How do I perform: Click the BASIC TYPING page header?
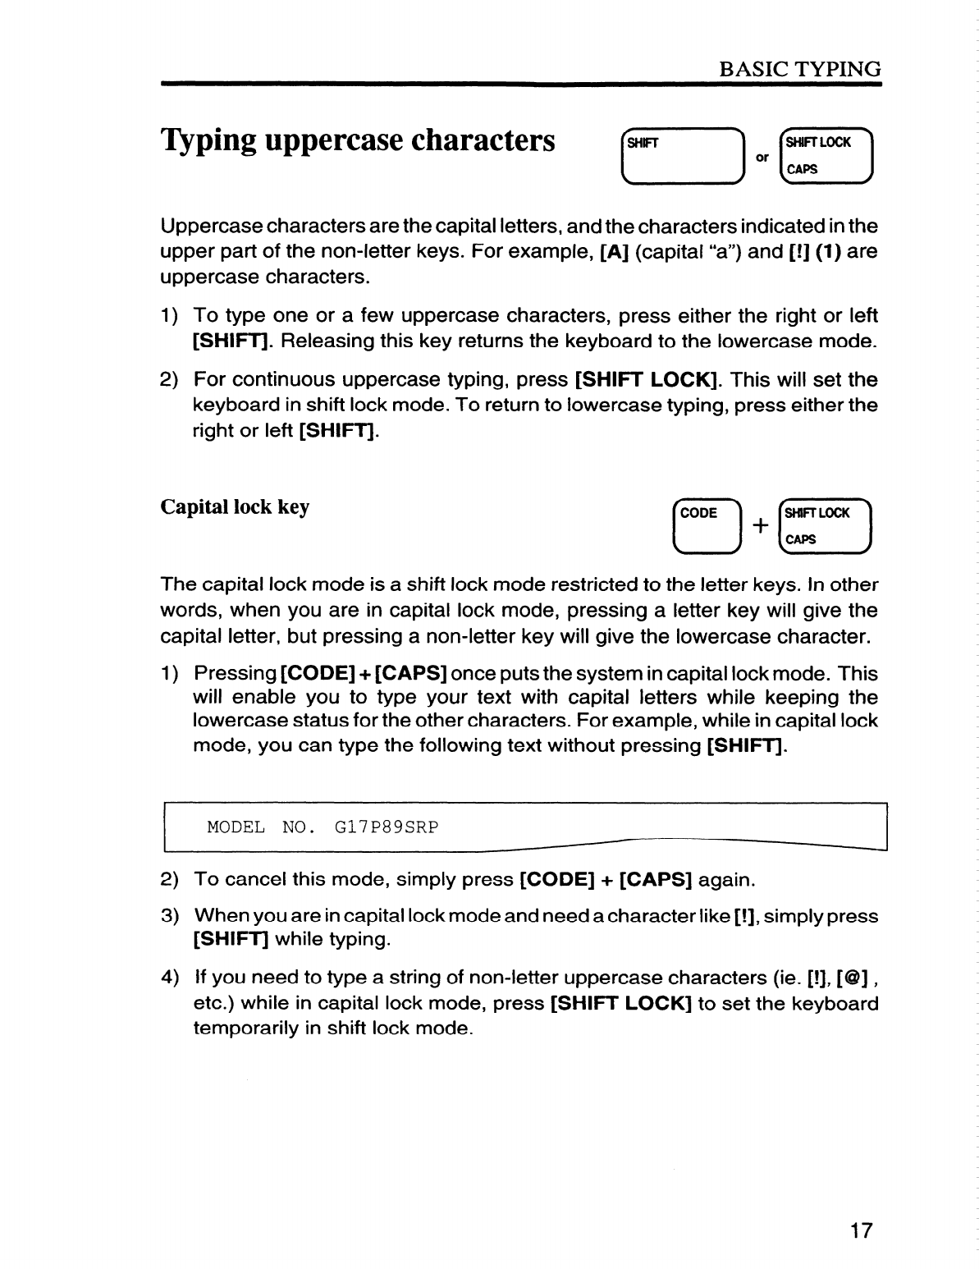click(x=799, y=69)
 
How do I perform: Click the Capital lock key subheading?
click(x=235, y=506)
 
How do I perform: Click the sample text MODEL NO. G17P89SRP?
click(x=323, y=827)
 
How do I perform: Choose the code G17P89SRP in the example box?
click(x=387, y=827)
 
